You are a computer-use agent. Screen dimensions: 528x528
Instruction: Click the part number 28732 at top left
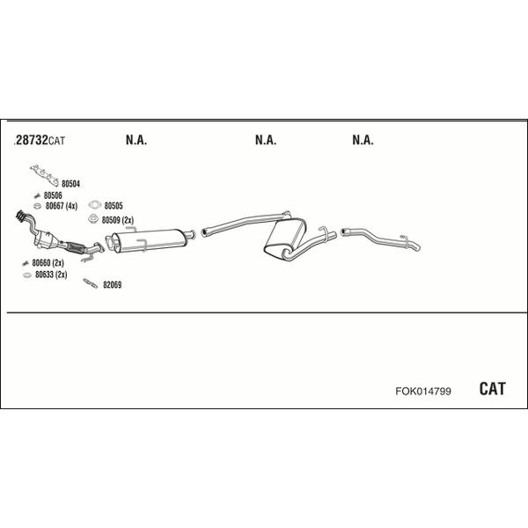[32, 140]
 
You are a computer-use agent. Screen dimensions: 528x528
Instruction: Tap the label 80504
[70, 184]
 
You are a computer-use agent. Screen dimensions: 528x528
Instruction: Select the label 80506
[53, 195]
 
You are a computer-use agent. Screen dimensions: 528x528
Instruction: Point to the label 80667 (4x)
[62, 206]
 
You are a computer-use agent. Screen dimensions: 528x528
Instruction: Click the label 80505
[114, 206]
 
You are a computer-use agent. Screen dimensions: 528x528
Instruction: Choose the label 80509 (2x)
[118, 220]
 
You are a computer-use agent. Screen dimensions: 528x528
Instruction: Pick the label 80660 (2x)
[48, 262]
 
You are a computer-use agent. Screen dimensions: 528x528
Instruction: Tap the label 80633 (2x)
[51, 275]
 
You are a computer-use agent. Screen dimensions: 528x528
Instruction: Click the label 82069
[112, 285]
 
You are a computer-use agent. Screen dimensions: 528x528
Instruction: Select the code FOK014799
[423, 392]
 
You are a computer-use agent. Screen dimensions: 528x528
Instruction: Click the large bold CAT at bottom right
[492, 389]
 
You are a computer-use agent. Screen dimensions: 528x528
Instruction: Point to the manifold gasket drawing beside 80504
[44, 175]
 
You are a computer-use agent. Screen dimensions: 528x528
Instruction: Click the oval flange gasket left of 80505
[95, 204]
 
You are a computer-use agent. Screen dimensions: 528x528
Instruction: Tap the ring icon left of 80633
[27, 275]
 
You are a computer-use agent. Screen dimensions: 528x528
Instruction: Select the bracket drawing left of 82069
[91, 283]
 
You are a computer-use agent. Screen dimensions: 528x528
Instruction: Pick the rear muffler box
[285, 238]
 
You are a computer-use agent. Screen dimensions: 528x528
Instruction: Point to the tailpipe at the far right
[380, 239]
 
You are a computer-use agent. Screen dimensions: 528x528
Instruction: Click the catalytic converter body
[45, 238]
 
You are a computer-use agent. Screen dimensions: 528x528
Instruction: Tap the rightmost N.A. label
[363, 140]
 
